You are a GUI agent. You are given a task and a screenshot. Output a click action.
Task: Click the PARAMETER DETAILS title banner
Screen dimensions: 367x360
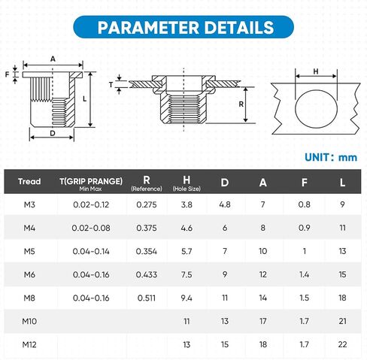click(x=183, y=27)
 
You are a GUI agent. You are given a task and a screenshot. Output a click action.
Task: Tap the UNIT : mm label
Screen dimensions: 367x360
click(x=331, y=157)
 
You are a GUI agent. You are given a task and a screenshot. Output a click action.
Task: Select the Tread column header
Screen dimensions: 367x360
click(x=29, y=181)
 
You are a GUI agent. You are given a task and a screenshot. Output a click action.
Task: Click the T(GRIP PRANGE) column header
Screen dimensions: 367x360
click(x=91, y=183)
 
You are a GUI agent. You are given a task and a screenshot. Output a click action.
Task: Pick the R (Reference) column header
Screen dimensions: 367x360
click(x=147, y=183)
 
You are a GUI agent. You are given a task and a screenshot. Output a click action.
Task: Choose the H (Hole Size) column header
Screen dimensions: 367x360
click(x=187, y=183)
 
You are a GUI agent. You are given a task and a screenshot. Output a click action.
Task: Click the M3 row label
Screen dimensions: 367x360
click(x=29, y=204)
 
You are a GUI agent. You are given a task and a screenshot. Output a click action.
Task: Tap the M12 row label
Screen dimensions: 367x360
click(x=29, y=344)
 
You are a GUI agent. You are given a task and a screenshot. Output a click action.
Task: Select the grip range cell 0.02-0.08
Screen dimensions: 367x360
click(x=91, y=228)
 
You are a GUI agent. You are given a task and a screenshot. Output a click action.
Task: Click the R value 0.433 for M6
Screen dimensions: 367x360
click(x=147, y=274)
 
